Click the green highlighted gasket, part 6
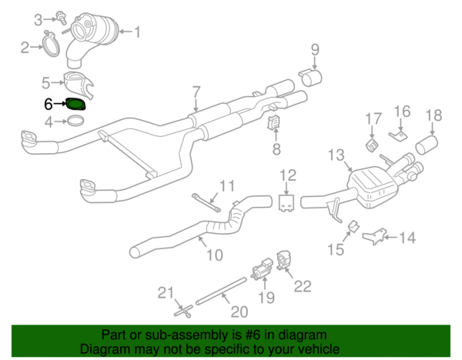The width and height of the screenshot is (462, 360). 76,104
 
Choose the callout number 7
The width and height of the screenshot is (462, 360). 196,91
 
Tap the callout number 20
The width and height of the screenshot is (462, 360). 240,311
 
